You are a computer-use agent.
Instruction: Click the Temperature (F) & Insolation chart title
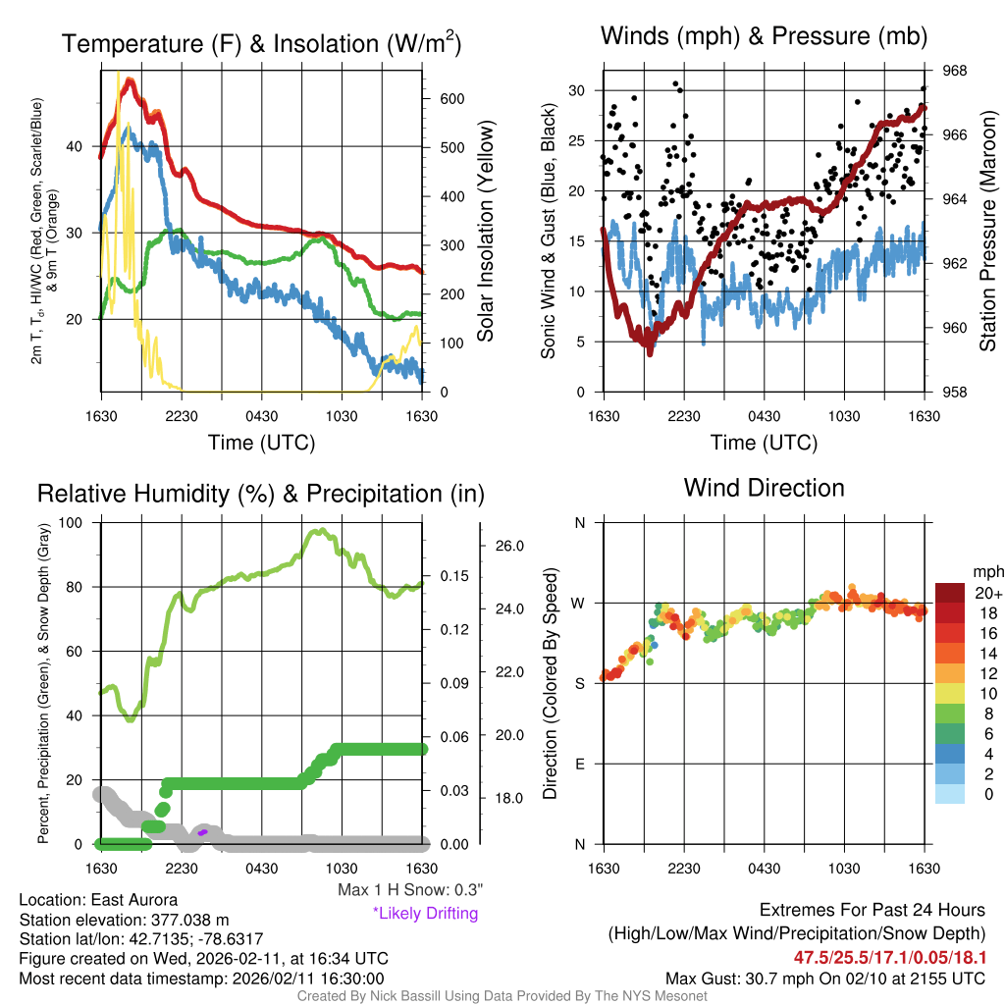tap(261, 44)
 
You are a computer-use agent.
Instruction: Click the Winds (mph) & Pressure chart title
tap(764, 37)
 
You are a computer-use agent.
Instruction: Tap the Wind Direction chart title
tap(764, 488)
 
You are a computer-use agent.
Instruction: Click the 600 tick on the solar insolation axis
tap(451, 99)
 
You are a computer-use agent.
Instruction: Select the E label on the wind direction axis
tap(579, 764)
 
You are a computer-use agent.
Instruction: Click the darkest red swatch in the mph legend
tap(950, 594)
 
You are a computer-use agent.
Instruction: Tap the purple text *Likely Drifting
tap(425, 914)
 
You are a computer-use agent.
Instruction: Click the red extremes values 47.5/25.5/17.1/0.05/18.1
tap(889, 957)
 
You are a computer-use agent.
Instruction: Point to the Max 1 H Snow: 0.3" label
tap(410, 890)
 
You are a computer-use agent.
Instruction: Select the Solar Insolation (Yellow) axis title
tap(486, 232)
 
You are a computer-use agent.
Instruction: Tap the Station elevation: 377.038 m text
tap(124, 920)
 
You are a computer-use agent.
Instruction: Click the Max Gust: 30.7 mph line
tap(825, 979)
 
